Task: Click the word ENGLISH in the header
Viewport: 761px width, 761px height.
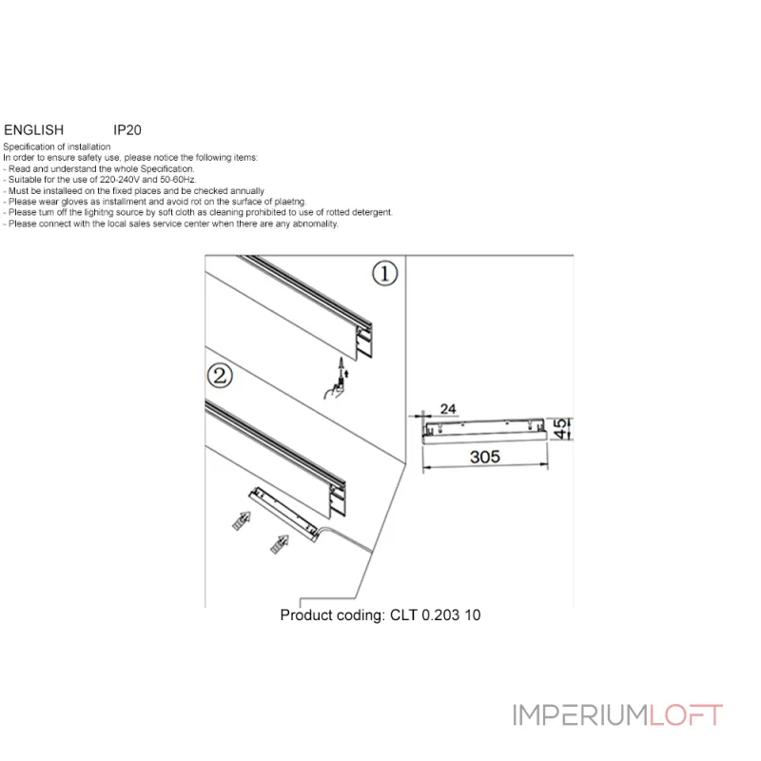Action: pos(34,129)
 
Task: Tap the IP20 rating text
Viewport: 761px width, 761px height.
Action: pos(127,129)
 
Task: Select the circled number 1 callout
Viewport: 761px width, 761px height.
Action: pos(383,274)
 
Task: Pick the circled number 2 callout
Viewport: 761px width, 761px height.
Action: pos(220,376)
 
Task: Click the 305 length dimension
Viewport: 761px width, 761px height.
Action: pos(485,457)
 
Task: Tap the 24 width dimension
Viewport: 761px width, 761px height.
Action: pos(449,409)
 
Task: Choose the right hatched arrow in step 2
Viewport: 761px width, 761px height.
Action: pos(280,544)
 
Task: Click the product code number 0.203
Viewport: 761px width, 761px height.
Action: pos(441,615)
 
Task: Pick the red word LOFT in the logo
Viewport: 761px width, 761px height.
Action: pos(687,715)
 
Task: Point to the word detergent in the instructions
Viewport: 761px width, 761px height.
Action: pos(370,213)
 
